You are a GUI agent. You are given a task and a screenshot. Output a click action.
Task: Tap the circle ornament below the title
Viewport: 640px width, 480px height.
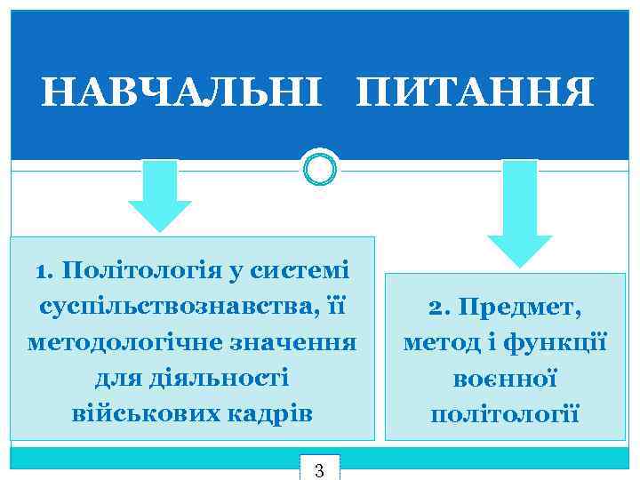tap(320, 166)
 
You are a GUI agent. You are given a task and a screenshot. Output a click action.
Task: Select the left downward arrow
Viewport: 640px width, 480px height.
tap(160, 194)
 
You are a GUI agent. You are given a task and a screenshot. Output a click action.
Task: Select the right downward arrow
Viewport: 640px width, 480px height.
tap(520, 212)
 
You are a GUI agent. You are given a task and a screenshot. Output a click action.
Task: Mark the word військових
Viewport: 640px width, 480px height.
tap(141, 413)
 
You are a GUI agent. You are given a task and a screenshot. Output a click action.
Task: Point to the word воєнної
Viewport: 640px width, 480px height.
tap(505, 379)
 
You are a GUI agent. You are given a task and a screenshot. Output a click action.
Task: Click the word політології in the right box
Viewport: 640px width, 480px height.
tap(505, 414)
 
